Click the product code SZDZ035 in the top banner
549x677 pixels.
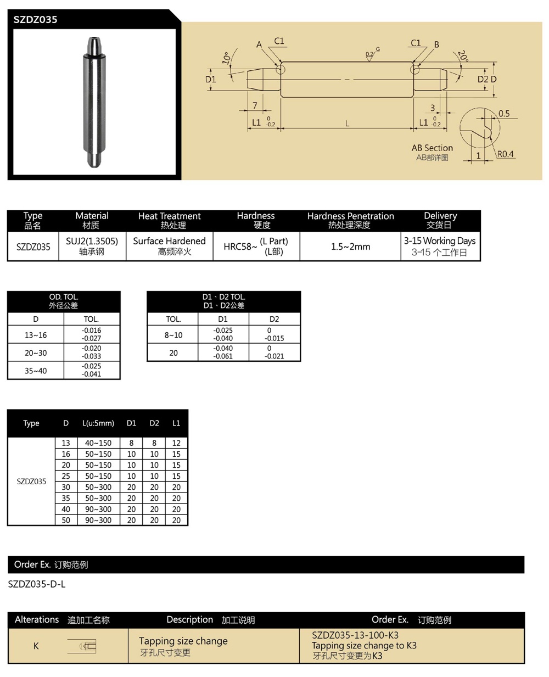[35, 19]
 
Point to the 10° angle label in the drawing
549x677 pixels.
[226, 58]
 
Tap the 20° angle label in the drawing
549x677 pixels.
[463, 56]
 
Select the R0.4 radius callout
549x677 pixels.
[505, 154]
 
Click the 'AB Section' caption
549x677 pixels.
[432, 148]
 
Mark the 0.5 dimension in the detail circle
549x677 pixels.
[503, 114]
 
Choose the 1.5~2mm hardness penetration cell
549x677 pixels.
[350, 247]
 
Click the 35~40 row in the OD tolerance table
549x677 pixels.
[36, 371]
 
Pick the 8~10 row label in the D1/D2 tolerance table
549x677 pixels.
[173, 335]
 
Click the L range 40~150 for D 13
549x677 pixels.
[98, 443]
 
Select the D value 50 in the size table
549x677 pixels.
[66, 520]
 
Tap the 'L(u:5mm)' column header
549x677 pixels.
[98, 423]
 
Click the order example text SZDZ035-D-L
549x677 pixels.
[37, 584]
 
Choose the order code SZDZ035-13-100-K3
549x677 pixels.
[355, 635]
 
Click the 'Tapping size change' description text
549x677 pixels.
[183, 641]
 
